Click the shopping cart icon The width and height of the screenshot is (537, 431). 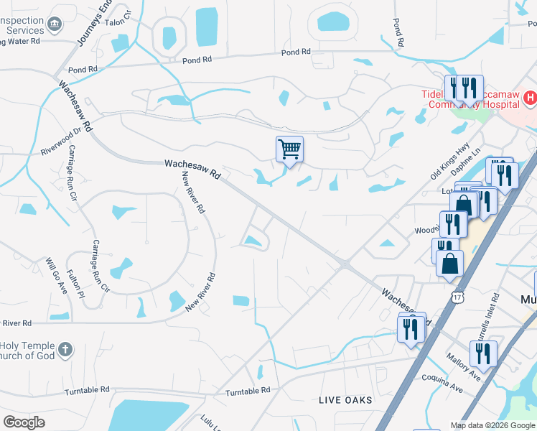[289, 149]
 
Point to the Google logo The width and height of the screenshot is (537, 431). [24, 422]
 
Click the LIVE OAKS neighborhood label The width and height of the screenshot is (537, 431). [346, 399]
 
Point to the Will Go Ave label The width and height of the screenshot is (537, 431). [56, 276]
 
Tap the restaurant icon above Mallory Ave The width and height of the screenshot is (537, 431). [482, 353]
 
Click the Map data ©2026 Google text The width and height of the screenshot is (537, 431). [492, 425]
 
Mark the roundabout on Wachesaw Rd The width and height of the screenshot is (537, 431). [345, 265]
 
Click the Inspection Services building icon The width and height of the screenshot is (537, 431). [55, 27]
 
